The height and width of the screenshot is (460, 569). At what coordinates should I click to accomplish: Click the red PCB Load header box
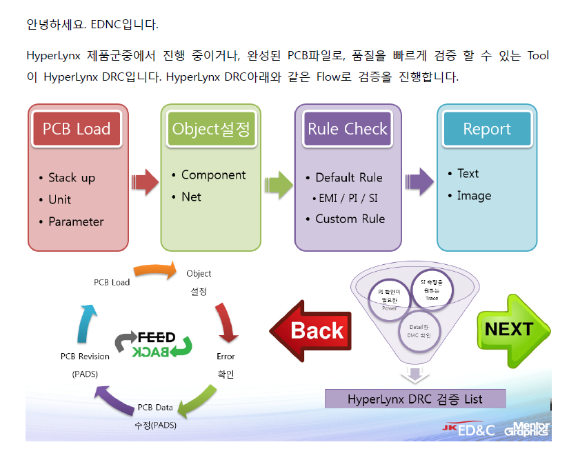pos(77,129)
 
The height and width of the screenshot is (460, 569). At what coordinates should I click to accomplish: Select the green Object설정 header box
pos(211,129)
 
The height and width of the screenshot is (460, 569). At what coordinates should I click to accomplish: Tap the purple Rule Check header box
pos(348,129)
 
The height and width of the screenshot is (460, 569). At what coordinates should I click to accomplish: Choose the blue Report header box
pos(487,129)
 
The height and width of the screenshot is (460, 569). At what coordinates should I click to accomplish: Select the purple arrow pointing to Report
pos(419,181)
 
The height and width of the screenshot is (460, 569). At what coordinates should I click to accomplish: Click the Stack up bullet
pos(71,178)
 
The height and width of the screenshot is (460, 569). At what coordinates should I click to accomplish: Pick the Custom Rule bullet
pos(350,219)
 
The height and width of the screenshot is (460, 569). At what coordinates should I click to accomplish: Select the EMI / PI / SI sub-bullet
pos(348,198)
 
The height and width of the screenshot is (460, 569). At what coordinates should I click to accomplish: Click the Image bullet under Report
pos(474,196)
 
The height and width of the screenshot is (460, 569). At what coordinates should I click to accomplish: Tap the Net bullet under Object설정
pos(191,197)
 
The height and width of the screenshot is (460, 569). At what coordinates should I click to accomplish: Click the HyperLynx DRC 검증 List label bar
pos(415,399)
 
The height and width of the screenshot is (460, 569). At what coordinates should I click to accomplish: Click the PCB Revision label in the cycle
pos(85,357)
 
